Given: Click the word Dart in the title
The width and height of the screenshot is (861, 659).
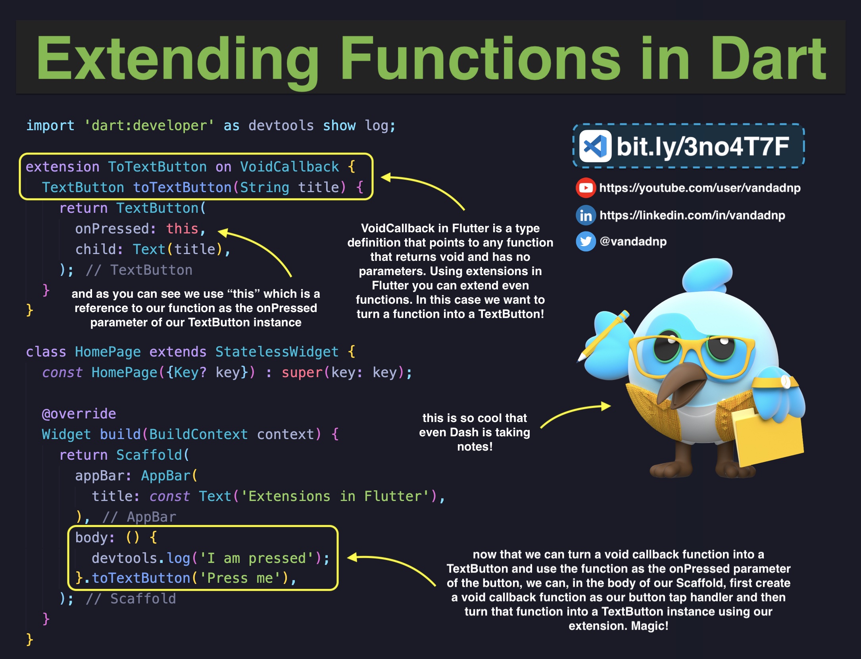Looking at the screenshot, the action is pyautogui.click(x=768, y=58).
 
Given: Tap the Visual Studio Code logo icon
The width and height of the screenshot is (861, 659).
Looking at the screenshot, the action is pyautogui.click(x=595, y=146).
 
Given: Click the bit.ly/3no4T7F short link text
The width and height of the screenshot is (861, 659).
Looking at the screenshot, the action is pyautogui.click(x=703, y=146).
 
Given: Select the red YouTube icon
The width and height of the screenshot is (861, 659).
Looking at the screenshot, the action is pyautogui.click(x=586, y=188).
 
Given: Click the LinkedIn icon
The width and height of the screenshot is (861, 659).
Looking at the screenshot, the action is pyautogui.click(x=586, y=215).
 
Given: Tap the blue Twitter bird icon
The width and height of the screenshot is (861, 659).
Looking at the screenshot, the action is pyautogui.click(x=586, y=241).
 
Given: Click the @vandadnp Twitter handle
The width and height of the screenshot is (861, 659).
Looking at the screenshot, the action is pyautogui.click(x=633, y=241).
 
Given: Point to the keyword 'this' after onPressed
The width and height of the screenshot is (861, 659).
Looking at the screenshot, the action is pyautogui.click(x=182, y=229).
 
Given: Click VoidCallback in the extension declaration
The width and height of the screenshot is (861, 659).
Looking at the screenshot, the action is pyautogui.click(x=290, y=167).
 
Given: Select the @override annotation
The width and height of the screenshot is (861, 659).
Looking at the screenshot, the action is pyautogui.click(x=79, y=414).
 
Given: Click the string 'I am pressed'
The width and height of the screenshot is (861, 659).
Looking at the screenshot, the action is pyautogui.click(x=257, y=558).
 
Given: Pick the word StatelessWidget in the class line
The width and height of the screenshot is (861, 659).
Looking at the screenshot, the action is pyautogui.click(x=277, y=352).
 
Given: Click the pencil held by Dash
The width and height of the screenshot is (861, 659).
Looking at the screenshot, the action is pyautogui.click(x=603, y=336).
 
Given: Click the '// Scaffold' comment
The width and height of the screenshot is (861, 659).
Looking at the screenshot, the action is pyautogui.click(x=131, y=599).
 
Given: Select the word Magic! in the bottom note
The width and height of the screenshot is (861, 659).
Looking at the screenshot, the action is pyautogui.click(x=650, y=626).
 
